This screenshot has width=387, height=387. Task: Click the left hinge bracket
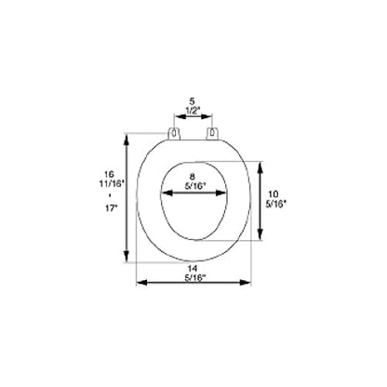(174, 133)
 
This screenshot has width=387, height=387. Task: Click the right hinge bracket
(212, 133)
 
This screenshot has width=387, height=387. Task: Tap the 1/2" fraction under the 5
(193, 110)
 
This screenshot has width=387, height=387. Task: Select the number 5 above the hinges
(193, 101)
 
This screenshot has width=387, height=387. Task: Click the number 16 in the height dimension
(109, 174)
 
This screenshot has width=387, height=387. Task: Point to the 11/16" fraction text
(112, 183)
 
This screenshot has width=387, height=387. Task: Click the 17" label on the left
(110, 208)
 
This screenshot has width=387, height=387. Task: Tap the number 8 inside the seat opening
(193, 177)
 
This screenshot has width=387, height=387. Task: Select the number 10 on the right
(274, 195)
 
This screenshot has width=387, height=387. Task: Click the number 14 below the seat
(193, 269)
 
